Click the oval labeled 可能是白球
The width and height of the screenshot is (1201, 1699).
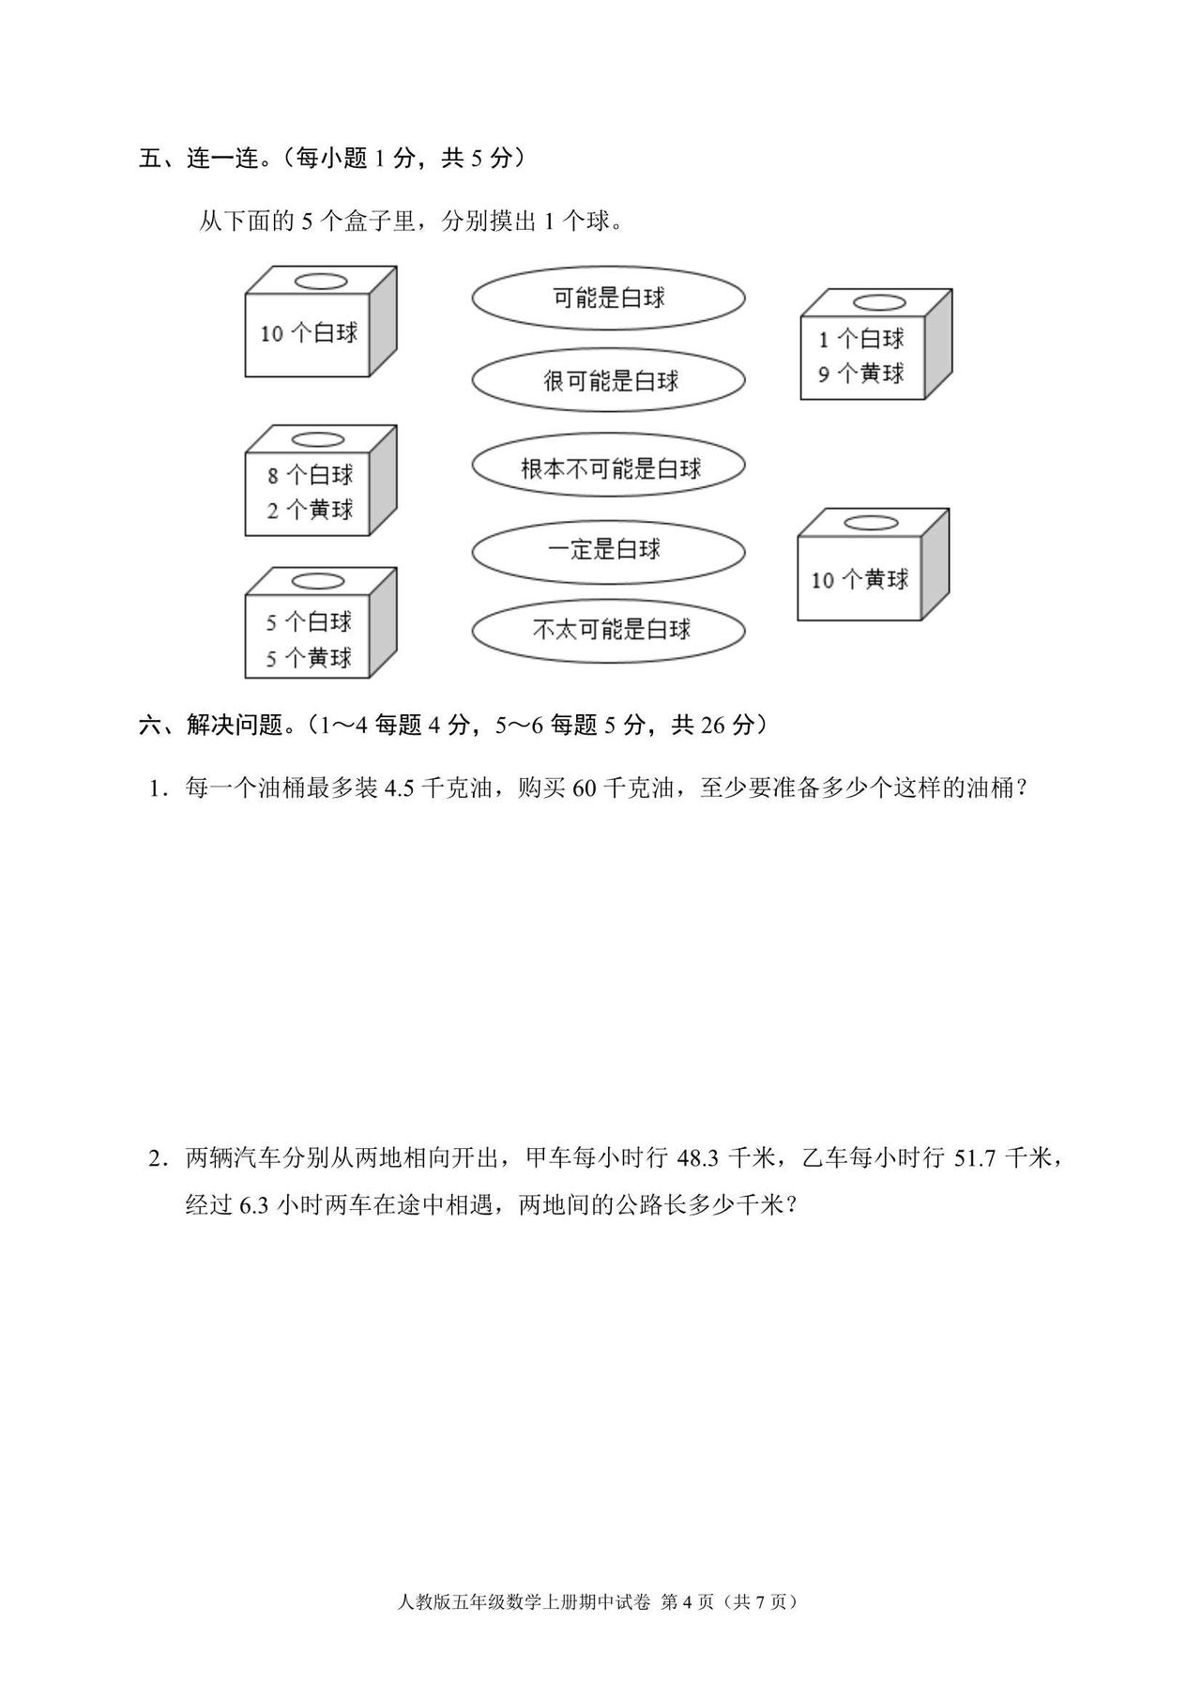point(608,298)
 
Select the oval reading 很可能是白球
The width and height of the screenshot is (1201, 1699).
point(608,380)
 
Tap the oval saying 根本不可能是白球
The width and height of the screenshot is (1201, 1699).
point(608,467)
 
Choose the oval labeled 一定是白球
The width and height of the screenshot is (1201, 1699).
point(608,549)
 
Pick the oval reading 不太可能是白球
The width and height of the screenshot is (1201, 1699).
point(608,630)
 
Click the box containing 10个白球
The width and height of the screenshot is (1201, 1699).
point(321,321)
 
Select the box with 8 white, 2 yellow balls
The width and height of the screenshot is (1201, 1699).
point(321,481)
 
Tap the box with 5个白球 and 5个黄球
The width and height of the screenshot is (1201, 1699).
point(321,622)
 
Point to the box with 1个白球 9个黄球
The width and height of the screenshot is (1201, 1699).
point(876,344)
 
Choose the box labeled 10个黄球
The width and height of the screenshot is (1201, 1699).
point(874,565)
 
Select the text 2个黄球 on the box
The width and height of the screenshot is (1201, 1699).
point(310,511)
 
